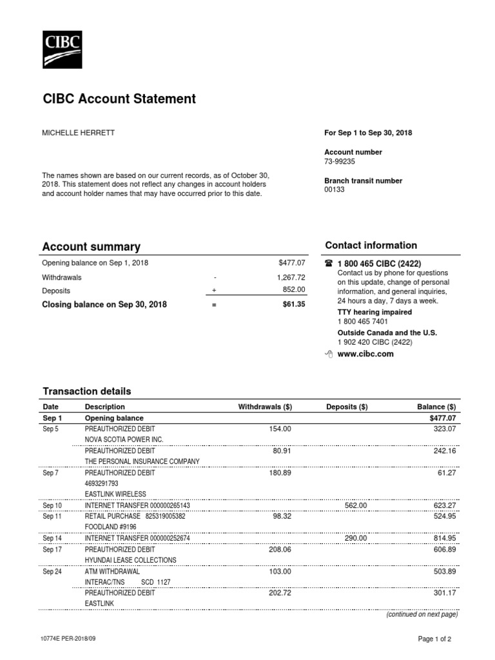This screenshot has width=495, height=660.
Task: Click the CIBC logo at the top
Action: pos(62,50)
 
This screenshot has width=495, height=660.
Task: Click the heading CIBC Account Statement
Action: pos(119,99)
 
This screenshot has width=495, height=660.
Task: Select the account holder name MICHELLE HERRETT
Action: pos(79,133)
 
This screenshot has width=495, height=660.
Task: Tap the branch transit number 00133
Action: pos(335,189)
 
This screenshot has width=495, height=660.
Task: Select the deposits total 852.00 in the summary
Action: pos(294,290)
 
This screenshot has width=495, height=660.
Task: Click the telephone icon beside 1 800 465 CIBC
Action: pos(329,264)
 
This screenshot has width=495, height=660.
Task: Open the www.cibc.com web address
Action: pos(365,354)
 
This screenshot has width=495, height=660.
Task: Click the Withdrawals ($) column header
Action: pos(265,407)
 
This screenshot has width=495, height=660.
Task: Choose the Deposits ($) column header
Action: pos(347,407)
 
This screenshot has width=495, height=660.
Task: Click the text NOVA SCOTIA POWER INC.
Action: pos(124,439)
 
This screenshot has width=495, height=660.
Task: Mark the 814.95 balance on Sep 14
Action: pos(443,538)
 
